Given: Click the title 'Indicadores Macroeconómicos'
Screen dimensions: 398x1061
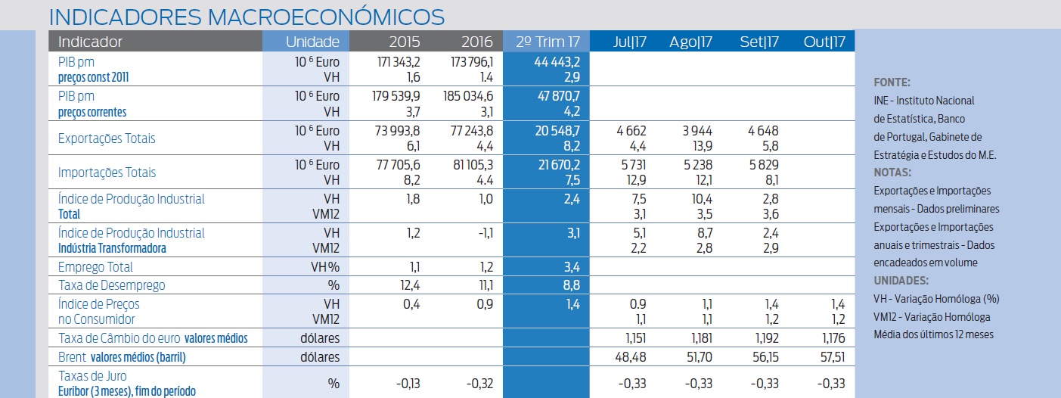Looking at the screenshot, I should [246, 16].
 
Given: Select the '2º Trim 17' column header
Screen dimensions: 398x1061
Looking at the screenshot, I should [546, 42].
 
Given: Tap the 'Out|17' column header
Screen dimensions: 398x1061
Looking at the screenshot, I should [824, 42].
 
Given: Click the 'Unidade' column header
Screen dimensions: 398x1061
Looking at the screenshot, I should [313, 42].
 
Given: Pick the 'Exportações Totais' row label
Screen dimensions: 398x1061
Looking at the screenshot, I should [107, 138].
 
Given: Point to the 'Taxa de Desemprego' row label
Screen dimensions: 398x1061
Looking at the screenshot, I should [111, 285].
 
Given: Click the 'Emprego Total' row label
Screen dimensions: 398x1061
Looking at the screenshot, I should [95, 266].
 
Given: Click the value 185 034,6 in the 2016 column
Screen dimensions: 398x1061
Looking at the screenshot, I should [467, 96].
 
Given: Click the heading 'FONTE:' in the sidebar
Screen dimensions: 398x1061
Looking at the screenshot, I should [892, 82].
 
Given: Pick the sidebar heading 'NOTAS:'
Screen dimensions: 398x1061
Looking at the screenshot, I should [892, 173].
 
